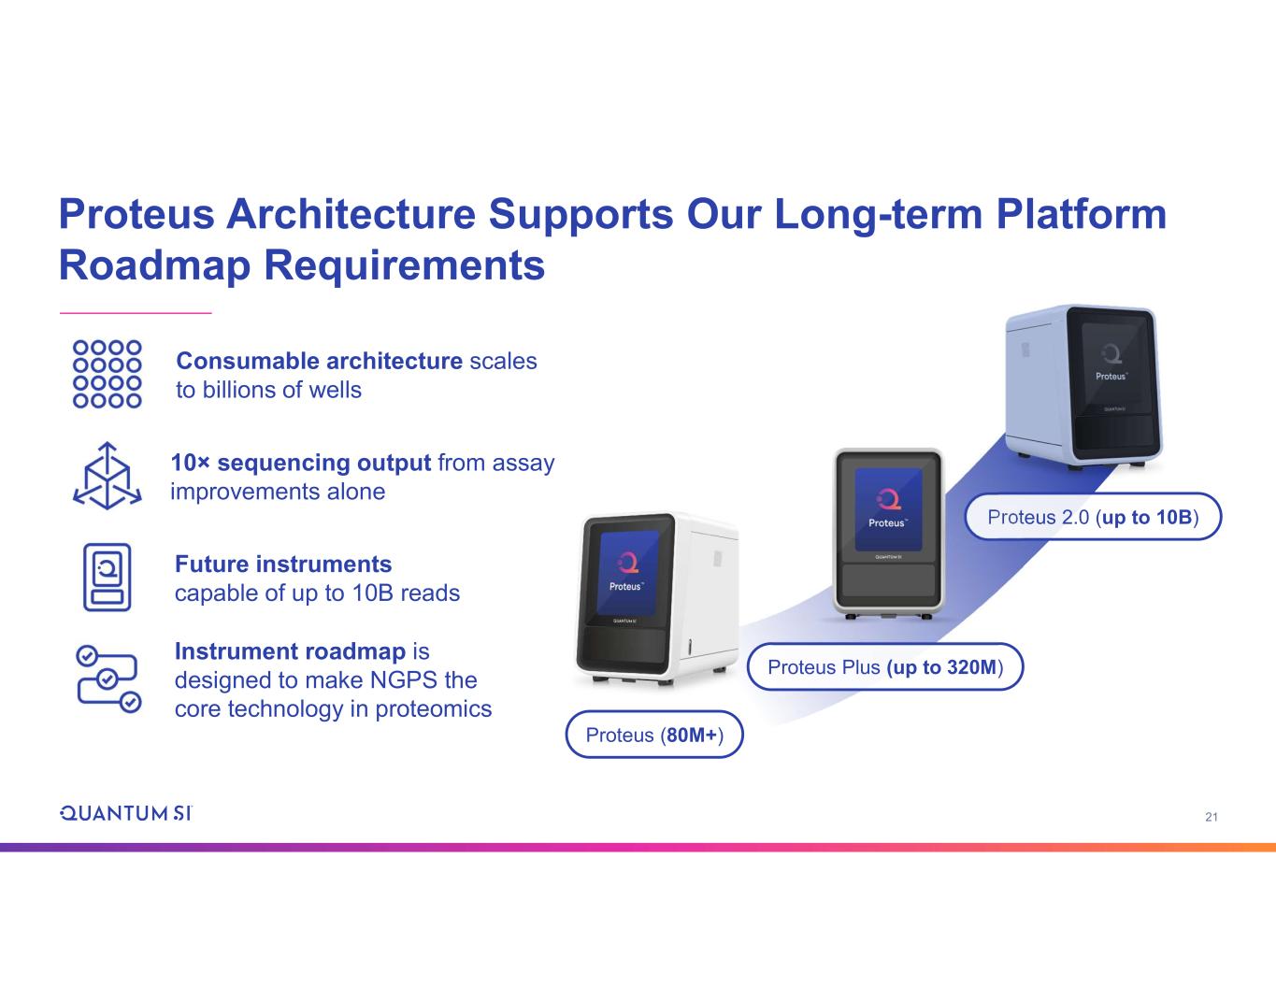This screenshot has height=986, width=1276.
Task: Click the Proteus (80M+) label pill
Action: (x=654, y=735)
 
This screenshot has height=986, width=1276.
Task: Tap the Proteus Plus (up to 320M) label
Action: (x=885, y=666)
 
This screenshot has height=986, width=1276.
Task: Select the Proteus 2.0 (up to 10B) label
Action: (x=1093, y=517)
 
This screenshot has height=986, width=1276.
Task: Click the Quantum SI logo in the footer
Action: (x=126, y=813)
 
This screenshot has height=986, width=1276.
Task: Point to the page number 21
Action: (x=1211, y=818)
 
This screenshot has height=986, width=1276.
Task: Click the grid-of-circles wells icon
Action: (x=108, y=374)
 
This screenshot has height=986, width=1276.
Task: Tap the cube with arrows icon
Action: (x=108, y=476)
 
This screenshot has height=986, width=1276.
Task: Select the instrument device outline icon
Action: (x=108, y=577)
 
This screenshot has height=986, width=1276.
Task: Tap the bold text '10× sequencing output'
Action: (x=300, y=463)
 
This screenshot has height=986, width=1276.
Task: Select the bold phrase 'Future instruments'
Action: (x=283, y=564)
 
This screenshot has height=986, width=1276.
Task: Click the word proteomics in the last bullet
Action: (x=434, y=708)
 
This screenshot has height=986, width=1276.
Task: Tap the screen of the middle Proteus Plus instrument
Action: (x=888, y=510)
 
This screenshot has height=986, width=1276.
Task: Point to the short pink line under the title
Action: (x=136, y=312)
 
